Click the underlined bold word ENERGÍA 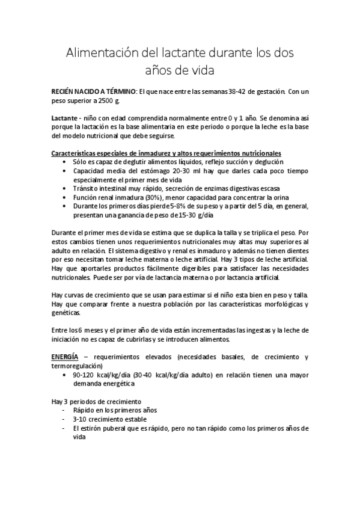[x=64, y=357]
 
